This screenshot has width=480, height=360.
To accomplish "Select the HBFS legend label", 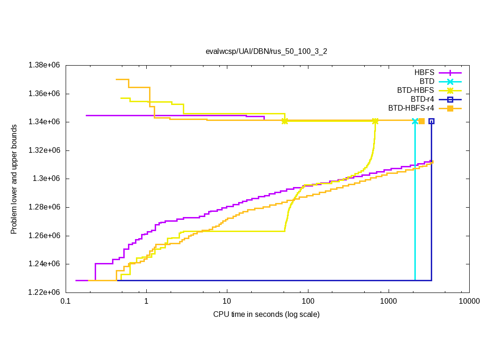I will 424,73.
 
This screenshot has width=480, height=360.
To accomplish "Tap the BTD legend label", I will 427,82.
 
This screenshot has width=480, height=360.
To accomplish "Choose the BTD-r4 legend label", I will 422,99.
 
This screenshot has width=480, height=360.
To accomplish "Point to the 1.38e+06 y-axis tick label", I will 45,65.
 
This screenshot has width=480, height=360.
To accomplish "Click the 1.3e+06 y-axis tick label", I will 48,179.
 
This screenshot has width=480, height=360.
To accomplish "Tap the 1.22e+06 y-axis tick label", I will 45,292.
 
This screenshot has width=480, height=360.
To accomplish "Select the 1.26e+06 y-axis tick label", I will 45,235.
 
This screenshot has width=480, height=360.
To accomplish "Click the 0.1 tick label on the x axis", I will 66,301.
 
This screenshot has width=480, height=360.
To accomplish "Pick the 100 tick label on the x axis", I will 308,301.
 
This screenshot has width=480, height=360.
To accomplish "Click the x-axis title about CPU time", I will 266,314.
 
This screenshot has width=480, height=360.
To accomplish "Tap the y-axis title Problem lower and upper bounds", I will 14,179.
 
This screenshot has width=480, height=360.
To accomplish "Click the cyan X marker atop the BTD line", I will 415,121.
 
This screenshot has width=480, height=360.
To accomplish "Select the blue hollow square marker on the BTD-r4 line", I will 431,121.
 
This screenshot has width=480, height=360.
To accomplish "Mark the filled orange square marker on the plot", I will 421,121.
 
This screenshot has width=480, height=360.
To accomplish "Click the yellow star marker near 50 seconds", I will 285,121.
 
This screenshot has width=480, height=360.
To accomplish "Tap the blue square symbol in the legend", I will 450,99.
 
